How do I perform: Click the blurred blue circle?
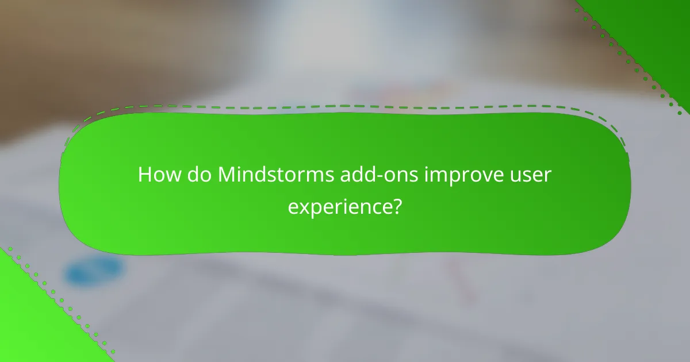94,271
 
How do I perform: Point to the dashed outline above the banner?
345,106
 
